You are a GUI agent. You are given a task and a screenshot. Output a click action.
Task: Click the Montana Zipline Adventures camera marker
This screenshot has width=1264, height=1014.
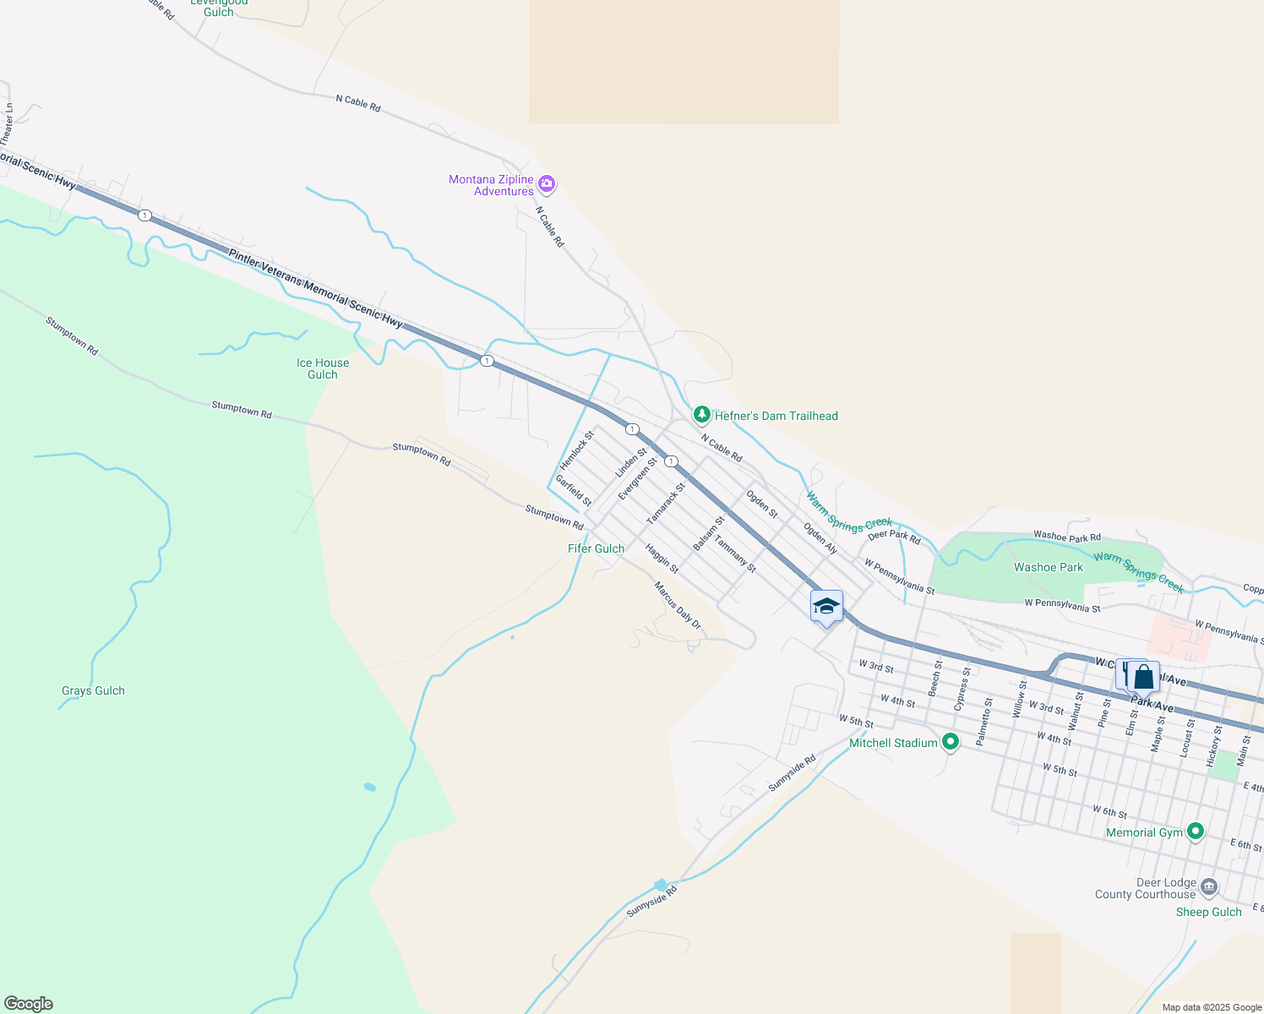point(547,183)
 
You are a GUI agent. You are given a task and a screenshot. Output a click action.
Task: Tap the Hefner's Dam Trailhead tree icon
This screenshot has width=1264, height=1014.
point(701,414)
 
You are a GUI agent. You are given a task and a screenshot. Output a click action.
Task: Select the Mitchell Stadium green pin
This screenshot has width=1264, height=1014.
point(951,742)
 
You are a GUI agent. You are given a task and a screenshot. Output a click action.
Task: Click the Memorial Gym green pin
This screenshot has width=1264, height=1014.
point(1195,831)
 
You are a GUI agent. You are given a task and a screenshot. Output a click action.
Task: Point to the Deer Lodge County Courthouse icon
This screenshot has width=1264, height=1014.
point(1208,886)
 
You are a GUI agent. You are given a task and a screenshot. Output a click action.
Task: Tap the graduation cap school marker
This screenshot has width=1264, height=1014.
point(825,606)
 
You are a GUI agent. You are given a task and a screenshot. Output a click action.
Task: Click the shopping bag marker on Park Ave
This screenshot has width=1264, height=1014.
point(1143,678)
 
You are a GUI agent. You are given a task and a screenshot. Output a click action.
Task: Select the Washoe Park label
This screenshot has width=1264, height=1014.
point(1048,567)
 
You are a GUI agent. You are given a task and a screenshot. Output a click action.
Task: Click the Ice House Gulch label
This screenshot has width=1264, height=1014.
point(322,368)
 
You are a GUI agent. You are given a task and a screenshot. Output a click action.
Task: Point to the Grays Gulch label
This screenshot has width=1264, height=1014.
point(93,690)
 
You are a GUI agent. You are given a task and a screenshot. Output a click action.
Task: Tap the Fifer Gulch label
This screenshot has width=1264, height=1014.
point(596,548)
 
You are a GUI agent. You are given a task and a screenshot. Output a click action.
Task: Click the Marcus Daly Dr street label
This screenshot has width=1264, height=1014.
point(678,604)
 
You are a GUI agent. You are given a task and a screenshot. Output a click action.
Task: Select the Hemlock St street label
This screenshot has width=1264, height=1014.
point(577,450)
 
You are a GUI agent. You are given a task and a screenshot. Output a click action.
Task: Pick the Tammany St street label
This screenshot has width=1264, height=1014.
point(735,553)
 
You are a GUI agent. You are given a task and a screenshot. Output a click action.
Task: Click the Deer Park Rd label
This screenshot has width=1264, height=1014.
point(894,536)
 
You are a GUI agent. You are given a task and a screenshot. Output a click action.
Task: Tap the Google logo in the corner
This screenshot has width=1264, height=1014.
point(28,1004)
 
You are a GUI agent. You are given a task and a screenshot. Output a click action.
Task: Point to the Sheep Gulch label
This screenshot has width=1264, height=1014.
point(1208,912)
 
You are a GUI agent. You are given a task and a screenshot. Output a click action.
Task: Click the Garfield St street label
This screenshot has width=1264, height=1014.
point(573,490)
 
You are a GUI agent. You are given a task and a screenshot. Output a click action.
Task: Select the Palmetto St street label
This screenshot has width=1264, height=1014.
point(983,722)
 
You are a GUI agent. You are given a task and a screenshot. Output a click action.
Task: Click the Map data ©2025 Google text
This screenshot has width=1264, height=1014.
point(1212,1007)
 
